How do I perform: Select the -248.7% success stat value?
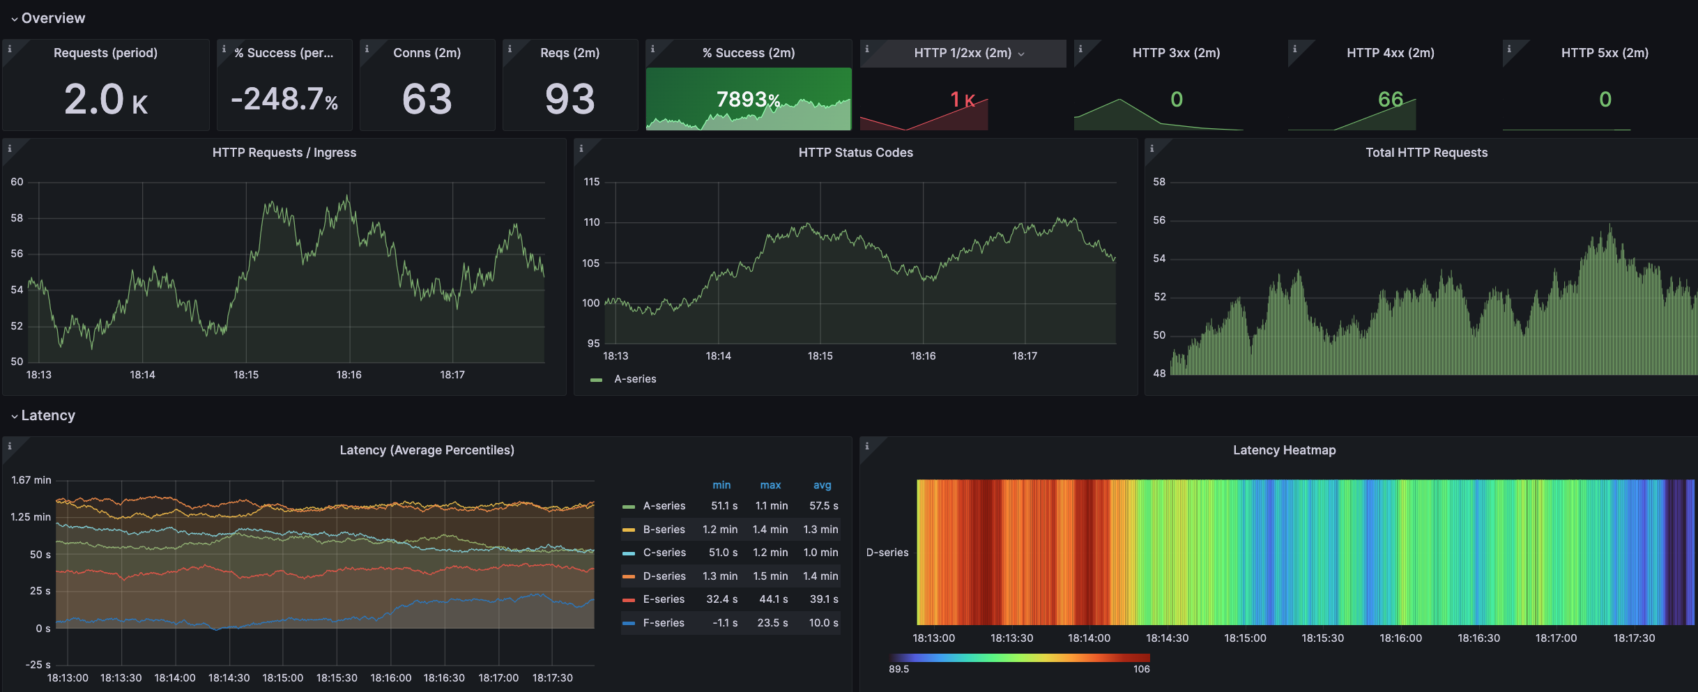(x=284, y=99)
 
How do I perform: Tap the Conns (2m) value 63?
(x=427, y=99)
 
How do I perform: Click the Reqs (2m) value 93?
(x=569, y=99)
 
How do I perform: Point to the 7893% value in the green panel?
(x=748, y=100)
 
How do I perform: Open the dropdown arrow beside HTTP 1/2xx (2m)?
(x=1021, y=54)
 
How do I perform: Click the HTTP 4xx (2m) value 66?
(x=1390, y=99)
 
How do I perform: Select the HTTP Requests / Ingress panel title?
(x=284, y=153)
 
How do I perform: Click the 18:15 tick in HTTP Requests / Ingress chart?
(x=246, y=375)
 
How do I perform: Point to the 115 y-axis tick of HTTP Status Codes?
(x=591, y=182)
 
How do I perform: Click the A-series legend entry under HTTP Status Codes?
(x=634, y=379)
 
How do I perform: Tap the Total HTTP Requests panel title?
(x=1426, y=153)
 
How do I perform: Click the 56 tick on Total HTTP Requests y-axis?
(x=1158, y=220)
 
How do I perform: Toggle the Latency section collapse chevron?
(x=14, y=416)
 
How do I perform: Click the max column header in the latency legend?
(x=770, y=485)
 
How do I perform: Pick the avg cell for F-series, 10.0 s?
(x=823, y=623)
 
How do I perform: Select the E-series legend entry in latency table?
(x=663, y=599)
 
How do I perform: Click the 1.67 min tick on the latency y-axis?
(x=31, y=480)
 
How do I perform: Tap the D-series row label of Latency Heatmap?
(x=887, y=553)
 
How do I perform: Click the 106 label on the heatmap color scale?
(x=1141, y=669)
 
